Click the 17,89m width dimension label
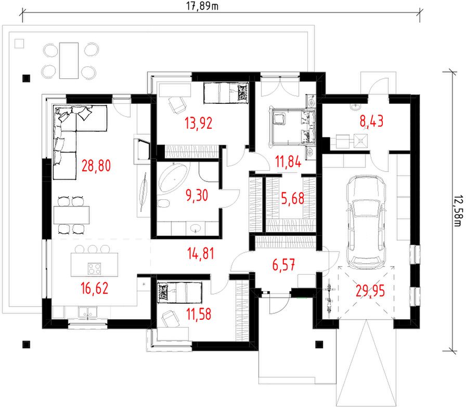(202, 6)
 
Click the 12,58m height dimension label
(458, 211)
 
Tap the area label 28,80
(96, 166)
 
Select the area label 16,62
(95, 288)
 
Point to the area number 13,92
(198, 123)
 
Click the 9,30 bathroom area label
(197, 195)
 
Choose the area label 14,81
(201, 254)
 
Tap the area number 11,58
(199, 314)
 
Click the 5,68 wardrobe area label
(292, 198)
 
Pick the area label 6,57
(283, 265)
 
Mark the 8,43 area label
(371, 121)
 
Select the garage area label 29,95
(370, 291)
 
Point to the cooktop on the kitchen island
(94, 269)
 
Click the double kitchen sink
(87, 313)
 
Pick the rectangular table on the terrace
(69, 61)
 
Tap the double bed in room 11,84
(292, 127)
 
